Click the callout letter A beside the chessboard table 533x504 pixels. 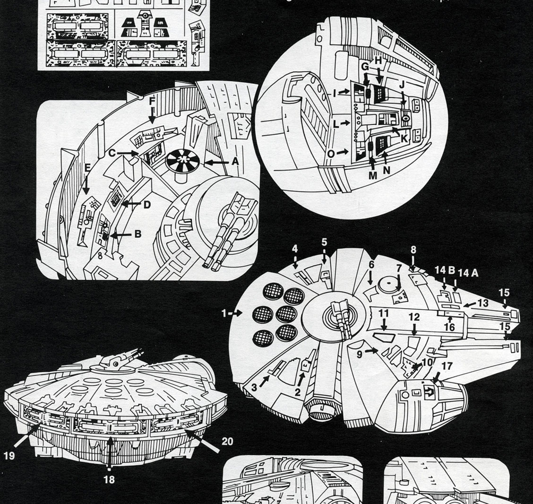point(235,161)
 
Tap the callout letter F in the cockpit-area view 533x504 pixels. point(152,102)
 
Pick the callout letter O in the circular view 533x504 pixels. point(330,154)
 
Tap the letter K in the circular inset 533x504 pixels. point(404,139)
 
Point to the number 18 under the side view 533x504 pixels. point(109,479)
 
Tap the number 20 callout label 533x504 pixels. point(227,442)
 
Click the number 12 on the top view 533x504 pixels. point(414,316)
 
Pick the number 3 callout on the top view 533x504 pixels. point(254,388)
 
